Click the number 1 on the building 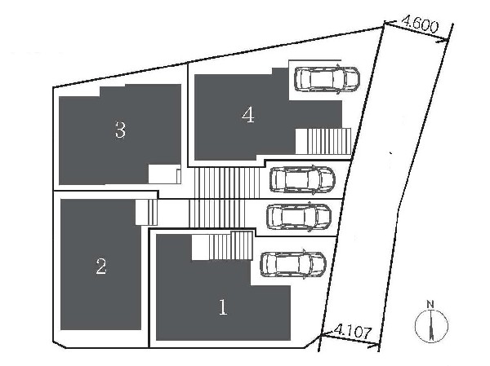pos(223,307)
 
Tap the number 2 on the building pos(101,267)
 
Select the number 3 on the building pos(121,130)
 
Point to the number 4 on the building pos(248,114)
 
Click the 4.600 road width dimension pos(420,24)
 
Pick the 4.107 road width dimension pos(353,332)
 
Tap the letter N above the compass pos(431,304)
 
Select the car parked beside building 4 pos(327,79)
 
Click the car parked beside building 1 pos(293,264)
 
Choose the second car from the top pos(302,180)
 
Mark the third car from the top pos(299,217)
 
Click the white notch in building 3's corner pos(164,174)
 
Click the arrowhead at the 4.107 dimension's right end pos(374,345)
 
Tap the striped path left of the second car pos(227,183)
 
